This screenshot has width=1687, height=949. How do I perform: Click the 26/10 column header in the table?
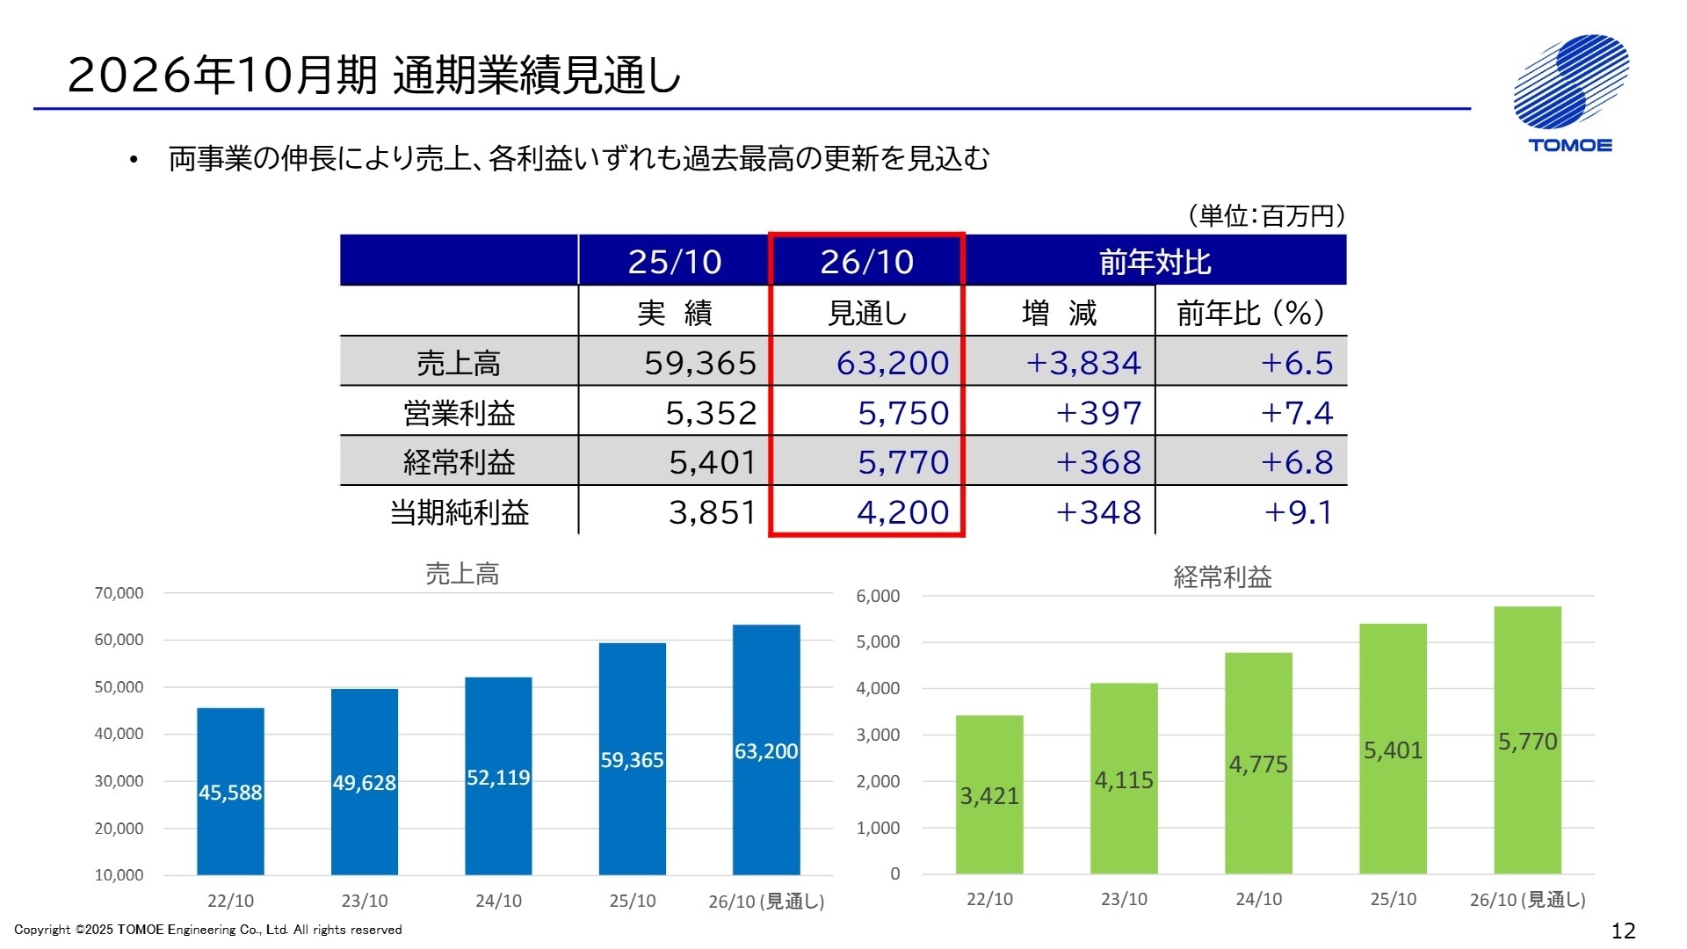tap(866, 261)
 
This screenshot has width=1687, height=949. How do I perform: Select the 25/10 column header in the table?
tap(674, 261)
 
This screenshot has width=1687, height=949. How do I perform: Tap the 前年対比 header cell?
tap(1155, 261)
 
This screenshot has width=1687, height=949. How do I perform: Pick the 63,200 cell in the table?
tap(892, 362)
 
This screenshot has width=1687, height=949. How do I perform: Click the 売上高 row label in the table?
tap(458, 362)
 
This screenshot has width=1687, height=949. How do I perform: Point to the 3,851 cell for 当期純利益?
tap(712, 511)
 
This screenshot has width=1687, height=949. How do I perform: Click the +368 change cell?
tap(1098, 462)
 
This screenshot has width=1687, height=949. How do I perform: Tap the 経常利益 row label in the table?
tap(458, 462)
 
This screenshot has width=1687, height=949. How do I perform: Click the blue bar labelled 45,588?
tap(230, 791)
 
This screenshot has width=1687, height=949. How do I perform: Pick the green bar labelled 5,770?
tap(1527, 740)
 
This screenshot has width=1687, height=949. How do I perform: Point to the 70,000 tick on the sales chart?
tap(119, 593)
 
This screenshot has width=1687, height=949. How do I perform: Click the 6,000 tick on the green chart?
tap(878, 596)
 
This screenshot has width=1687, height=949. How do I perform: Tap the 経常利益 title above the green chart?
tap(1222, 576)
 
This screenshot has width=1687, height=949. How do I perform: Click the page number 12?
tap(1623, 931)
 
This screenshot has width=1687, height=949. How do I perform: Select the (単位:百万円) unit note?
tap(1265, 215)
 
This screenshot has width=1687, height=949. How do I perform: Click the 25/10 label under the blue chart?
tap(632, 901)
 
